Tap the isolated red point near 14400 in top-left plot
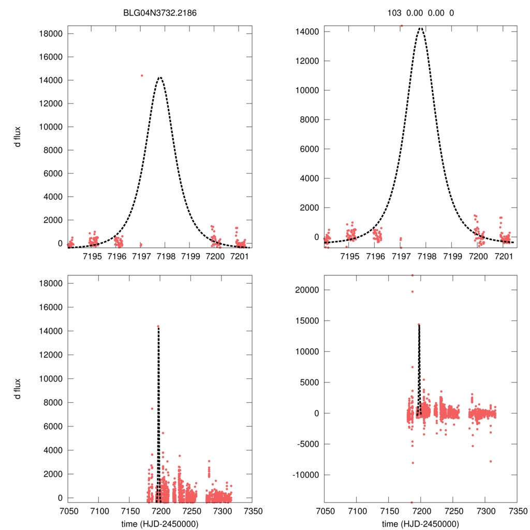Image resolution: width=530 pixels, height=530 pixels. [x=142, y=76]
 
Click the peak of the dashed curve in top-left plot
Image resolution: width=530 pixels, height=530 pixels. [x=160, y=78]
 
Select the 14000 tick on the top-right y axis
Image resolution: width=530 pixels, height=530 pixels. [x=309, y=32]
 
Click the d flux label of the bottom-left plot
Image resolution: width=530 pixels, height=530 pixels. [x=18, y=389]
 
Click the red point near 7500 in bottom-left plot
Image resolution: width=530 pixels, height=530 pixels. [x=152, y=408]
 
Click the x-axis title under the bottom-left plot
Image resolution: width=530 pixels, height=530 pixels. [x=159, y=524]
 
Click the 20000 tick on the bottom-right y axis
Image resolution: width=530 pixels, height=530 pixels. [x=309, y=290]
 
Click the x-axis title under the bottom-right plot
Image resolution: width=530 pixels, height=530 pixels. [x=420, y=524]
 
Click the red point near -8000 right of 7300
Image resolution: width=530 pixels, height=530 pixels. [x=490, y=461]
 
